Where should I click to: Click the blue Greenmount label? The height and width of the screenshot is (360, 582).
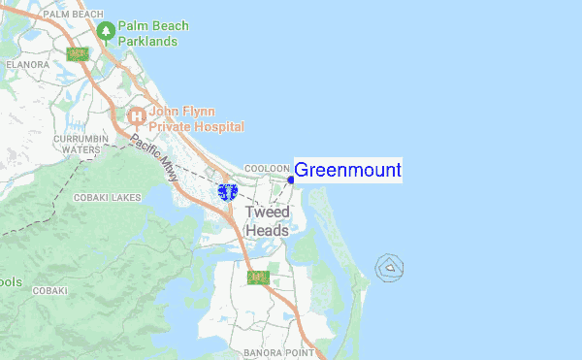pos(347,171)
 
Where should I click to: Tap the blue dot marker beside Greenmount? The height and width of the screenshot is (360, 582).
pos(291,179)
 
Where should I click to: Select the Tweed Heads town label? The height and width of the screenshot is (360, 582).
pos(267,221)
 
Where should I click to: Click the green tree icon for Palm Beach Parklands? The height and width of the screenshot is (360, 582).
pos(106,32)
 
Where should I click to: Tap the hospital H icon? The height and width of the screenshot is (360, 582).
pos(137,116)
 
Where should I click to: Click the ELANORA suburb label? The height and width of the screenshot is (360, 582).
pos(26,64)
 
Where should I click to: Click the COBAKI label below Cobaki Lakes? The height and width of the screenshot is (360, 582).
pos(48,290)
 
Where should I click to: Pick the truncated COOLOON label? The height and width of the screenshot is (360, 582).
pos(266,168)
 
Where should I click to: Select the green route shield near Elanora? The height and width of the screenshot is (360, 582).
pos(78,54)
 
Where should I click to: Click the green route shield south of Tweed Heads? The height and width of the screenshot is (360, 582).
pos(256,278)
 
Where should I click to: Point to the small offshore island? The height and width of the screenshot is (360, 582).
pos(390,266)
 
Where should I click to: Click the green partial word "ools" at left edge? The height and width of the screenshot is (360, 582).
pos(10,282)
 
